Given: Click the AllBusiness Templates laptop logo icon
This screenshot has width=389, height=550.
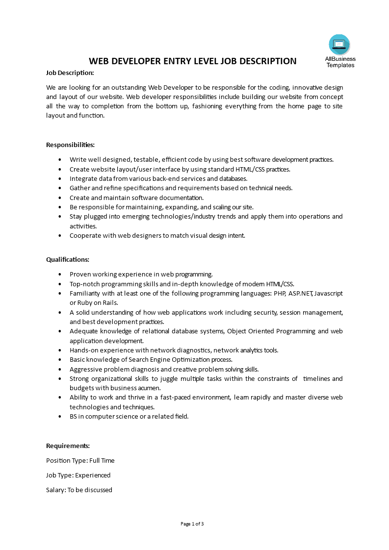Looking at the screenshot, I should [339, 45].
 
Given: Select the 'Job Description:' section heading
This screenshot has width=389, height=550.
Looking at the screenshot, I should [70, 73].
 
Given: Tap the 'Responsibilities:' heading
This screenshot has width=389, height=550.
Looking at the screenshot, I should [70, 145].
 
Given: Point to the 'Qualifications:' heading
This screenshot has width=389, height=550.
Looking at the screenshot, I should [68, 259].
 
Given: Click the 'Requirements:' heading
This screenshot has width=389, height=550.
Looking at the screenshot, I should [68, 446].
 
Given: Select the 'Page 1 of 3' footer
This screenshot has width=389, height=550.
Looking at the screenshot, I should [192, 524].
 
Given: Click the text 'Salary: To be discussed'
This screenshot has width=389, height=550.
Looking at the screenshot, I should [79, 490].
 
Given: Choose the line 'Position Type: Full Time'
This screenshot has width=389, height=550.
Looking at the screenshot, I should [80, 460].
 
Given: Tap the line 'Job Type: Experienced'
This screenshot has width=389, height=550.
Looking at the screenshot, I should [78, 475].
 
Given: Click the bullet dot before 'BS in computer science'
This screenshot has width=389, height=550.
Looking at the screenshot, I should [60, 416].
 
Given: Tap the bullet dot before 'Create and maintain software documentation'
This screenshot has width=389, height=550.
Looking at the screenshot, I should [60, 198].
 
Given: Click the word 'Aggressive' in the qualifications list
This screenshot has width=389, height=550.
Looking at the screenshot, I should [85, 369].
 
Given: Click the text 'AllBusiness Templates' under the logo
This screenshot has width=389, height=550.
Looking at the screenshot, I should [340, 62].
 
